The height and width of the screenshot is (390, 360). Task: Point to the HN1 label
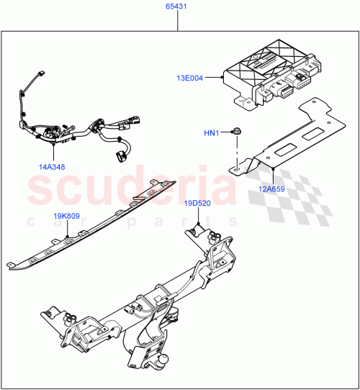point(212,132)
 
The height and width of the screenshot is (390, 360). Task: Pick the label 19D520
point(197,203)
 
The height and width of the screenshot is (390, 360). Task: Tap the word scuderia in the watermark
point(130,189)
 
